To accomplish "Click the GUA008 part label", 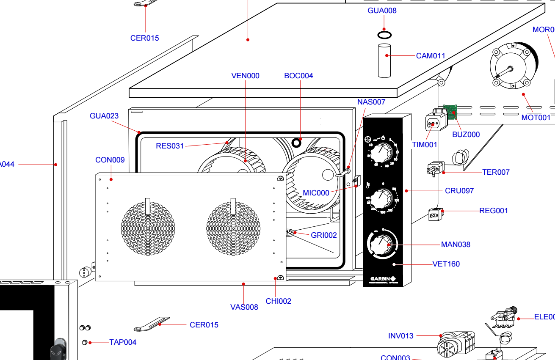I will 382,11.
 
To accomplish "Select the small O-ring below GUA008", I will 384,35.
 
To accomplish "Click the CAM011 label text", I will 431,56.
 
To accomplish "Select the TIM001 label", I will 425,145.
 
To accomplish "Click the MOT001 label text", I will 536,118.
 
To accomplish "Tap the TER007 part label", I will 496,172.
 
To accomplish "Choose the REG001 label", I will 494,211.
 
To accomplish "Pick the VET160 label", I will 446,264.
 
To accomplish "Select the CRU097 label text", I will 459,191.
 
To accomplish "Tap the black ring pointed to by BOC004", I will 296,142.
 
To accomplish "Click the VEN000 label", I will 246,76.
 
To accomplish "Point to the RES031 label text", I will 170,146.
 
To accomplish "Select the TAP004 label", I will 123,342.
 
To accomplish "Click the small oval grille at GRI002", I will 290,232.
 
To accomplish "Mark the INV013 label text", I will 400,336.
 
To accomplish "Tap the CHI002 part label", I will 279,301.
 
